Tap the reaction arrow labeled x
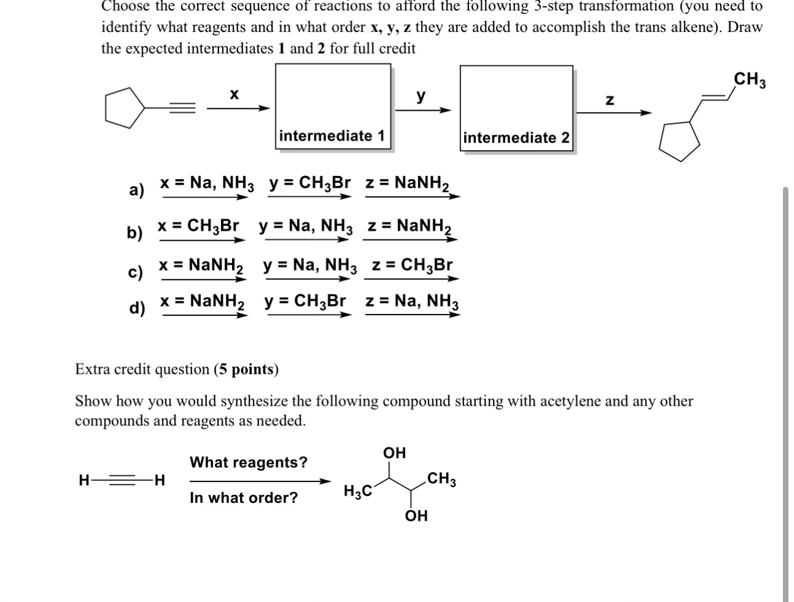[238, 108]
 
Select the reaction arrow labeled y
[422, 110]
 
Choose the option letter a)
[137, 190]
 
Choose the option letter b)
[135, 233]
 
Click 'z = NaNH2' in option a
[407, 183]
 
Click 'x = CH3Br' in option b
[198, 226]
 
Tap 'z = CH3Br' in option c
[412, 265]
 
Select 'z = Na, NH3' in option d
[412, 302]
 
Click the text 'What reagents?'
[248, 462]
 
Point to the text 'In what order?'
[243, 498]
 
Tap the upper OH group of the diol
[395, 454]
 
